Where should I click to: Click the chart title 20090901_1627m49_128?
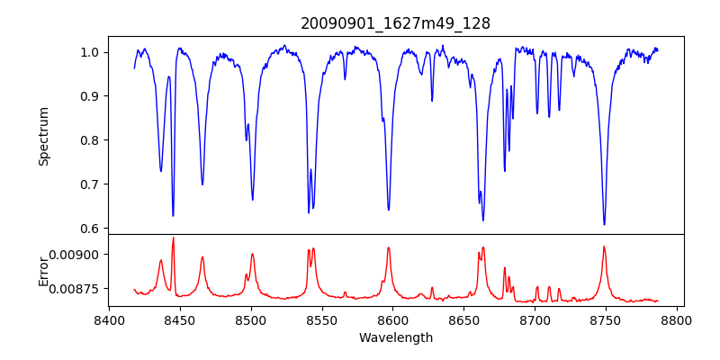[x=395, y=23]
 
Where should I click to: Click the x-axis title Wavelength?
[x=395, y=337]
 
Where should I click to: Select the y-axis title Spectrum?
[x=43, y=136]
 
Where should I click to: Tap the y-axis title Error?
[x=43, y=270]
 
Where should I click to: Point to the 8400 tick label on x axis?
[x=109, y=319]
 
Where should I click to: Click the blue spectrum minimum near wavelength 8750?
[x=604, y=224]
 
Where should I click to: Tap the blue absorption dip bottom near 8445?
[x=173, y=216]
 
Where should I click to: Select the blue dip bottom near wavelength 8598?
[x=389, y=210]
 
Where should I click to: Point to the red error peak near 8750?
[x=604, y=247]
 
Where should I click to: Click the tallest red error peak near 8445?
[x=173, y=238]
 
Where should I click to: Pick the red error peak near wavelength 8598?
[x=389, y=247]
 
